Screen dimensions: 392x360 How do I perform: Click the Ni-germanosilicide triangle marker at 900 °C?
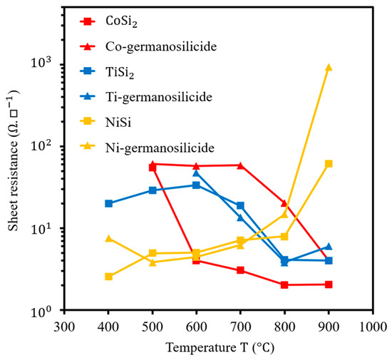(329, 68)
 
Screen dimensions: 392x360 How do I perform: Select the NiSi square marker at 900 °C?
(329, 164)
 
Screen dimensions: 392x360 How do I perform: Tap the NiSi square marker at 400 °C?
(108, 277)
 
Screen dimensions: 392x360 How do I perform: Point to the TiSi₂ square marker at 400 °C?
(108, 203)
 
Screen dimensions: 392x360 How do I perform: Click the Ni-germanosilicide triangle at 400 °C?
(108, 239)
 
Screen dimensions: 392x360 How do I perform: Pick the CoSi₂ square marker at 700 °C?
(240, 270)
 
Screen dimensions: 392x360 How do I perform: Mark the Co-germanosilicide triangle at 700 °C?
(240, 165)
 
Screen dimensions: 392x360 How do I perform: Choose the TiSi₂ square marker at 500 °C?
(153, 190)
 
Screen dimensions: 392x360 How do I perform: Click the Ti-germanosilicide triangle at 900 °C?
(329, 247)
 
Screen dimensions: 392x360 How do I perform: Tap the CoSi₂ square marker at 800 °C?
(284, 284)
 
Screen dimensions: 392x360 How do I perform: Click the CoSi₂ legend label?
(121, 22)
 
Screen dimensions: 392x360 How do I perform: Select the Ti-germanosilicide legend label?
(159, 97)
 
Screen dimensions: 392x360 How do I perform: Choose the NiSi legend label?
(118, 123)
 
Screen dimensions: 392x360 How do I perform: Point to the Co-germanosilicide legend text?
(161, 47)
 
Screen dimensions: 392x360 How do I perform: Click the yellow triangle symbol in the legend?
(87, 145)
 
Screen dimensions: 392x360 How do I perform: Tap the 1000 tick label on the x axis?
(373, 327)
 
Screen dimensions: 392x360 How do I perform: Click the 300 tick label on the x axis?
(64, 327)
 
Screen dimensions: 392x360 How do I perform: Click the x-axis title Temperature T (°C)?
(220, 348)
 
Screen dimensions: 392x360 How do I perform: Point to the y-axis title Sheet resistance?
(13, 185)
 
